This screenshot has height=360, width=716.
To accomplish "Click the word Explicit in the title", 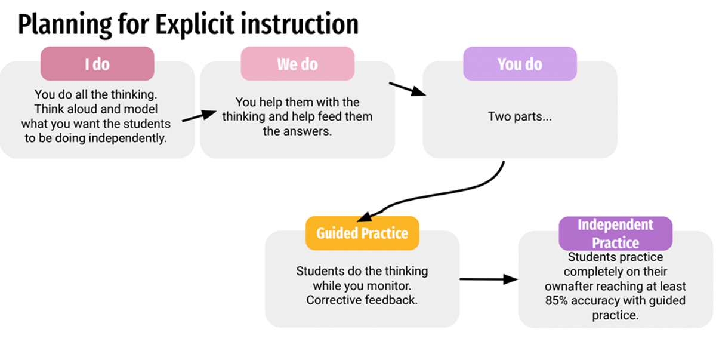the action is (195, 24).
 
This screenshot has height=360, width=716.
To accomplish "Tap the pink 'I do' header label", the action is (97, 64).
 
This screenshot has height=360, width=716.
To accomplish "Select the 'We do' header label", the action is (297, 64).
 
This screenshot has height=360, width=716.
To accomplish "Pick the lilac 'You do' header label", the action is (520, 64).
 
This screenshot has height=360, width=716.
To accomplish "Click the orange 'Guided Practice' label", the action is (362, 233).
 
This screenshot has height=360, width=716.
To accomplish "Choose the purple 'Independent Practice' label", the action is (615, 233).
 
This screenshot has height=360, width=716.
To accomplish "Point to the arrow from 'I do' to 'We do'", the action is (199, 116).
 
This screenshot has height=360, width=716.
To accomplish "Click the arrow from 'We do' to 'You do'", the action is (407, 88).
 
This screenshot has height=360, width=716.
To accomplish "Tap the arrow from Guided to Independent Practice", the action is (489, 279).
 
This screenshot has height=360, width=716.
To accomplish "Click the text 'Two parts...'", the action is (520, 116).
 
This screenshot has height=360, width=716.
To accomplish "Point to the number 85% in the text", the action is (556, 300).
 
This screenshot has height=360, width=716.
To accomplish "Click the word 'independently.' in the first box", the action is (128, 139).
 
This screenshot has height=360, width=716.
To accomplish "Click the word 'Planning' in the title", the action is (65, 25).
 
